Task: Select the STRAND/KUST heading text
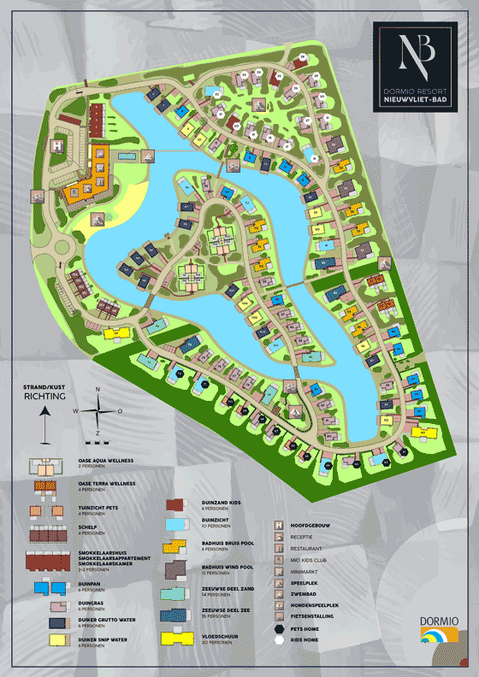click(44, 387)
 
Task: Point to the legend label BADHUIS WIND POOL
click(226, 567)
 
